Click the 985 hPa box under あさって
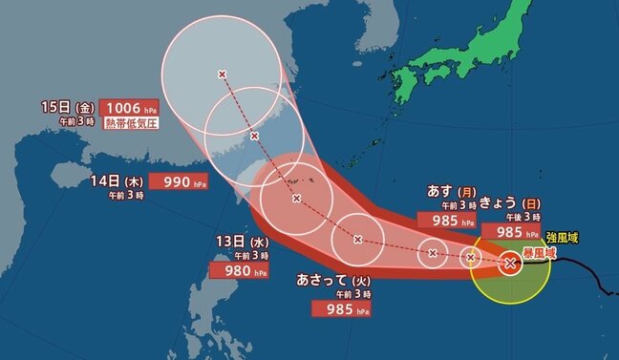(x=339, y=308)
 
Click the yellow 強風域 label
(x=564, y=236)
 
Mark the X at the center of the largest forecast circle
(x=223, y=74)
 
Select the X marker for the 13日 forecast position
(x=296, y=199)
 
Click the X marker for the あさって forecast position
(x=357, y=239)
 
